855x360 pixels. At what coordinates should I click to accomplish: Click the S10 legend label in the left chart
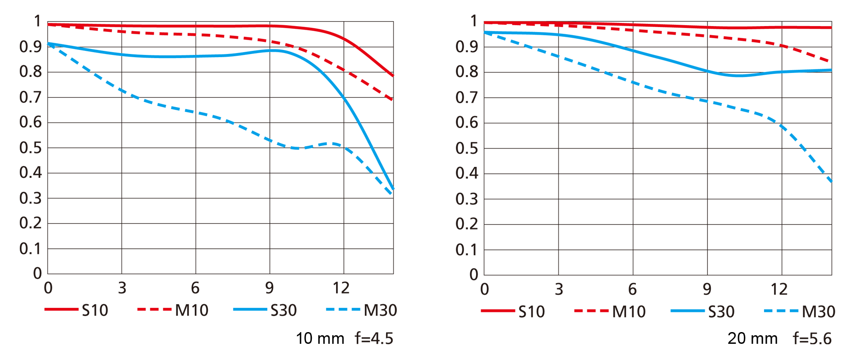pyautogui.click(x=95, y=310)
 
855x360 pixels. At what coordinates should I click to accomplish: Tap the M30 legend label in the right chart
pyautogui.click(x=819, y=312)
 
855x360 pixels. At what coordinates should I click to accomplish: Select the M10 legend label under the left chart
pyautogui.click(x=192, y=310)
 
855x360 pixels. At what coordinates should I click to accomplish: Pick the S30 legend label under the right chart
pyautogui.click(x=721, y=312)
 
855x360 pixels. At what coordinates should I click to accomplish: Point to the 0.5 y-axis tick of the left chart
pyautogui.click(x=31, y=148)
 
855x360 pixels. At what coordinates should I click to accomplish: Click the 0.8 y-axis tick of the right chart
pyautogui.click(x=467, y=72)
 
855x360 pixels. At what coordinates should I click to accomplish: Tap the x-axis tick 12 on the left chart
pyautogui.click(x=341, y=288)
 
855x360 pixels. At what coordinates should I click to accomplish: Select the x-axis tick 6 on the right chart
pyautogui.click(x=632, y=289)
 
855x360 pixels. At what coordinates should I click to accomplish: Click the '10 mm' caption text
pyautogui.click(x=320, y=338)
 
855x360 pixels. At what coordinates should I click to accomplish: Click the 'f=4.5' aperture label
pyautogui.click(x=374, y=338)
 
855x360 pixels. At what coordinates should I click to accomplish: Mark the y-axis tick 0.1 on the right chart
pyautogui.click(x=467, y=250)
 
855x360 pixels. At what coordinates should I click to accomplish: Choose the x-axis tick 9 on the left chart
pyautogui.click(x=269, y=288)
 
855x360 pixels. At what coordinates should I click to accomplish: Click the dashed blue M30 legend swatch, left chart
pyautogui.click(x=343, y=310)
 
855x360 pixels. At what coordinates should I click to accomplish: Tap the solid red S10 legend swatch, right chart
pyautogui.click(x=498, y=311)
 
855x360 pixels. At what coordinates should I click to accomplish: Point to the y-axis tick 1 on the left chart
pyautogui.click(x=37, y=21)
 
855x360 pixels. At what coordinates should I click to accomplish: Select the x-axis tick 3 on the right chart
pyautogui.click(x=559, y=289)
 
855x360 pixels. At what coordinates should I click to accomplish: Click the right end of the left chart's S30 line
pyautogui.click(x=393, y=188)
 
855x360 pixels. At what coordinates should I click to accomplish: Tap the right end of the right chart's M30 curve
pyautogui.click(x=831, y=181)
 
